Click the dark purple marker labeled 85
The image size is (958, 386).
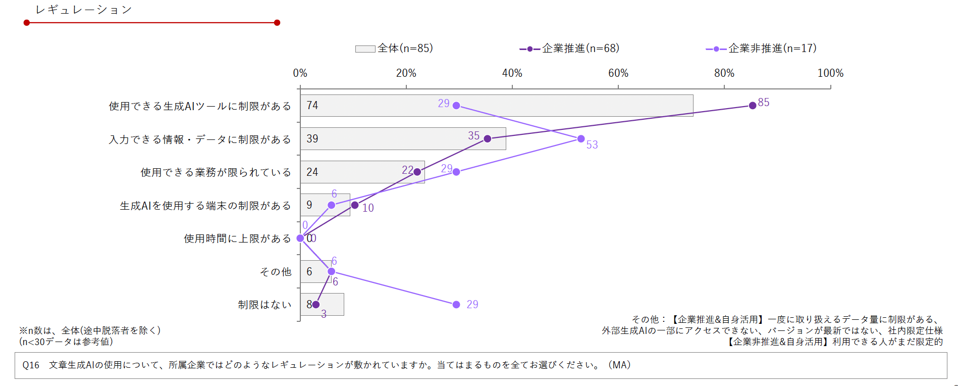tap(753, 105)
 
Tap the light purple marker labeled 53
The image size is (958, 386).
tap(581, 138)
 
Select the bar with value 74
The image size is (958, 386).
tap(496, 106)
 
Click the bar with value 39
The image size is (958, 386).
tap(403, 138)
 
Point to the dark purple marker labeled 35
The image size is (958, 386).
tap(488, 138)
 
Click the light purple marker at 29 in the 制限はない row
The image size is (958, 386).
tap(456, 304)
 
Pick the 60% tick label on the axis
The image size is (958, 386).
tap(618, 73)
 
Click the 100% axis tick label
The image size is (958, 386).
tap(830, 73)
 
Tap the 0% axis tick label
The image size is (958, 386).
tap(300, 73)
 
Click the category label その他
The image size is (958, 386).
tap(276, 272)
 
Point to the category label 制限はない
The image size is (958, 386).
tap(264, 305)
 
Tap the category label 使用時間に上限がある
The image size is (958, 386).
tap(237, 238)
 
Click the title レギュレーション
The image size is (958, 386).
tap(84, 10)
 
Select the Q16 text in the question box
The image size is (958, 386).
tap(31, 365)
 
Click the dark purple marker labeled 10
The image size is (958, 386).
tap(355, 205)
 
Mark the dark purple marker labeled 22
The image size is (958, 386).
tap(417, 172)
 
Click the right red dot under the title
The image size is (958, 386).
tap(277, 23)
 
